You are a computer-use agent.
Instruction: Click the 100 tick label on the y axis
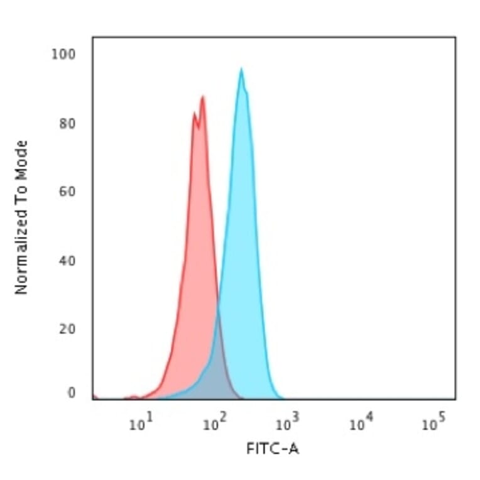coord(63,55)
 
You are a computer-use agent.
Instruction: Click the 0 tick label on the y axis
coord(71,393)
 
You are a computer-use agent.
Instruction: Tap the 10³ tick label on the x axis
coord(286,425)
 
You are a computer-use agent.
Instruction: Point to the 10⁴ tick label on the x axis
coord(359,425)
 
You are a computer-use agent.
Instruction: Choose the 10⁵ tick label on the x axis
coord(431,425)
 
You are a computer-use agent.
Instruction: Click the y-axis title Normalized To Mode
coord(22,217)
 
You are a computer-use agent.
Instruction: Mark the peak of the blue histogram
coord(241,69)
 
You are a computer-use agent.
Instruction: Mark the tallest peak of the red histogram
coord(202,97)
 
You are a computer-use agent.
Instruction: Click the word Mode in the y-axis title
coord(22,158)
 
